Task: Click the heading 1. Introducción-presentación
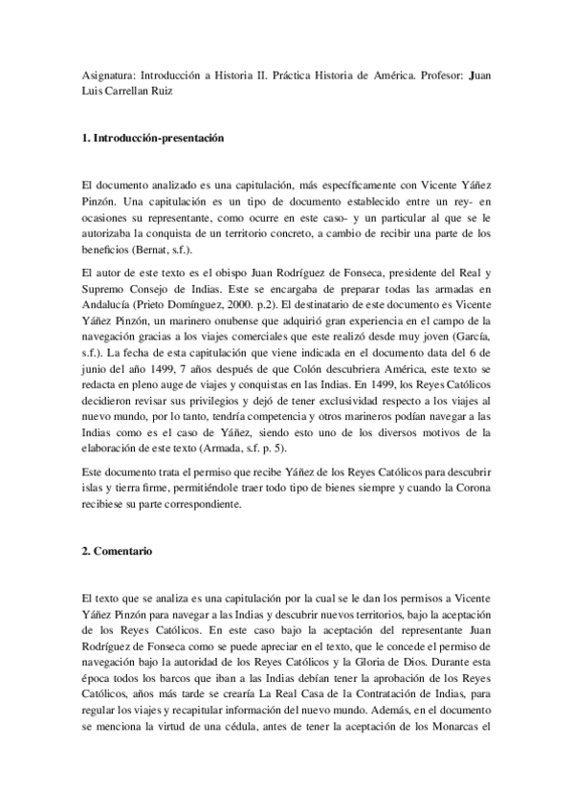click(x=153, y=139)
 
